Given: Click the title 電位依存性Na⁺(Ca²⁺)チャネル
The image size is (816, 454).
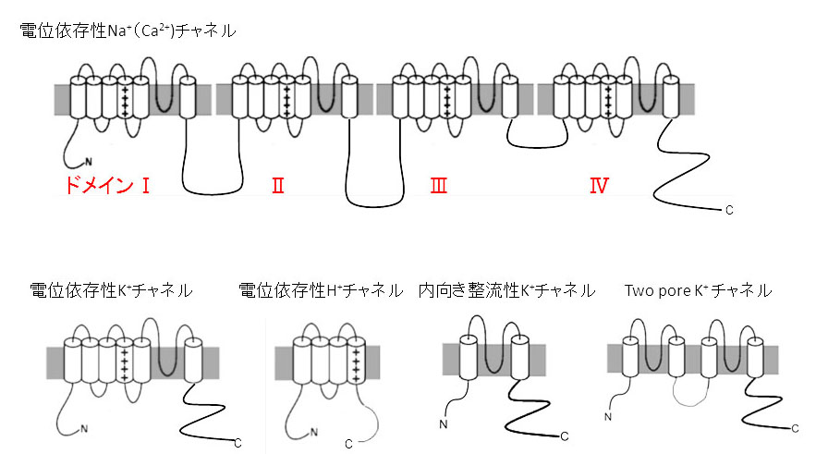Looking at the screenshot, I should (x=128, y=31).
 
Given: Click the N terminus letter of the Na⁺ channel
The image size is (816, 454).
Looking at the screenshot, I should (x=88, y=163).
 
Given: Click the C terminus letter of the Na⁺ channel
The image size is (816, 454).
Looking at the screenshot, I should (x=729, y=211).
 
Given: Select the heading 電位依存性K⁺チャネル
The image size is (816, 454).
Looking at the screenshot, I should (x=111, y=290).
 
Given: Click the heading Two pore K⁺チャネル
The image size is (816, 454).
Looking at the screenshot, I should (x=698, y=290).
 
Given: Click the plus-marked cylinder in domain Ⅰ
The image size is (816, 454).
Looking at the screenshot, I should (x=125, y=98).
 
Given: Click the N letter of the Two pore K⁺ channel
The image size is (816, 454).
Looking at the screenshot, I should (x=608, y=418).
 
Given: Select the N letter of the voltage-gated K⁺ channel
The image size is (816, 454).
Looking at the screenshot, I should (x=84, y=428).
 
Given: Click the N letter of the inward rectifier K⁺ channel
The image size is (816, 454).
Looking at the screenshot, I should (x=445, y=424).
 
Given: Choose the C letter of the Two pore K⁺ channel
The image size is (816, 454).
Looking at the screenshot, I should (x=795, y=428).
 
